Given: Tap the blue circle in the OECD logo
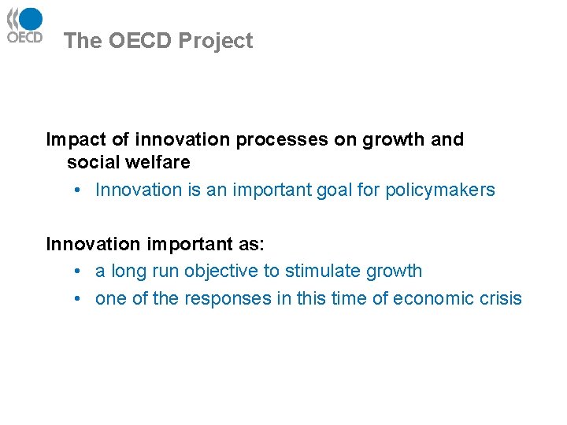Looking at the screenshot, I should point(31,18).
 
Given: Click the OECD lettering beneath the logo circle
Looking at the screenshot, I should point(24,36).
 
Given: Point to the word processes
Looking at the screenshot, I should point(282,140).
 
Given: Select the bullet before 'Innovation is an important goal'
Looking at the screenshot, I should point(79,190).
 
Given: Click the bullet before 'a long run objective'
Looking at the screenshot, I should point(79,272).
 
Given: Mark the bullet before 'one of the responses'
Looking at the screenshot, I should point(79,298).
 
